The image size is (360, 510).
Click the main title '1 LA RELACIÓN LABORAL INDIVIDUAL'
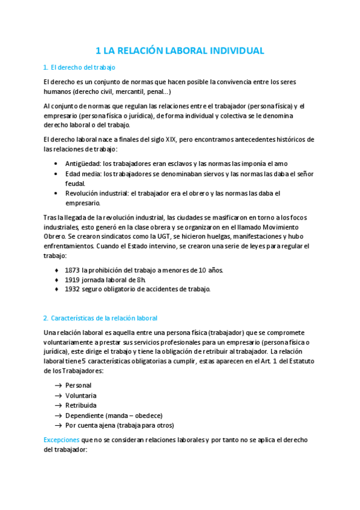click(x=180, y=51)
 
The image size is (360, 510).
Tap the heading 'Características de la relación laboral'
click(x=103, y=318)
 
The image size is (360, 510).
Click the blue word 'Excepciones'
click(x=62, y=440)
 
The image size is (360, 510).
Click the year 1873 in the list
click(x=73, y=269)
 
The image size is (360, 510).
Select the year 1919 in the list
click(x=73, y=279)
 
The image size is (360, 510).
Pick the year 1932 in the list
click(x=73, y=289)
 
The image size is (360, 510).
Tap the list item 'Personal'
click(x=79, y=386)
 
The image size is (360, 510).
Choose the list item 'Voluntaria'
click(x=81, y=396)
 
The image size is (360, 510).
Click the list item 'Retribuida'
click(x=81, y=405)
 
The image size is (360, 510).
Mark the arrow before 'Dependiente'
click(x=58, y=415)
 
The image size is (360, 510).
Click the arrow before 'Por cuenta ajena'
click(x=58, y=425)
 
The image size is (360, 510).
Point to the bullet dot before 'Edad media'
click(x=56, y=173)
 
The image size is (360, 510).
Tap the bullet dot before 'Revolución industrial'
click(x=56, y=193)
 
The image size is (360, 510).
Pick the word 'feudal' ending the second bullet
click(x=75, y=183)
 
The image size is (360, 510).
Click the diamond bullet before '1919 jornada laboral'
click(x=56, y=279)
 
